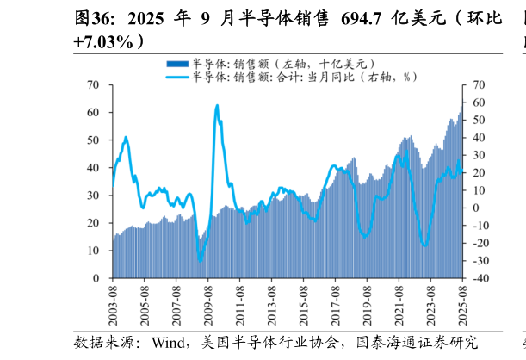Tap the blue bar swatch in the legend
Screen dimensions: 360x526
(176, 64)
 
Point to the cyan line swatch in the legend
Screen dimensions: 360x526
(176, 77)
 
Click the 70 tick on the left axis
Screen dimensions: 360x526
(94, 85)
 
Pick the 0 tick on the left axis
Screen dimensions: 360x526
(97, 278)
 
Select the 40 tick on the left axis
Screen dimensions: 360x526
(94, 168)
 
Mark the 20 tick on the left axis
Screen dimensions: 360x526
(94, 223)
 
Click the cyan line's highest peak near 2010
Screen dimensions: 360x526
(216, 106)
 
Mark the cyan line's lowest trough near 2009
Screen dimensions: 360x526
(200, 260)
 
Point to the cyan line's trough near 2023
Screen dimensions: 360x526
(424, 245)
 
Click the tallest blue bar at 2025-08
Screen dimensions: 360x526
(461, 108)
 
